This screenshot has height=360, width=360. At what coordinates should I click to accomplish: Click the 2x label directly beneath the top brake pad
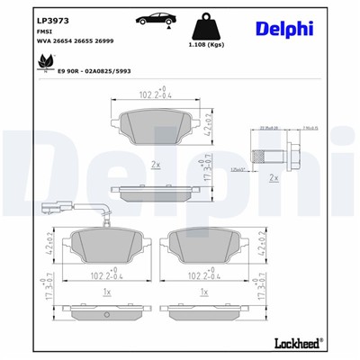tap(157, 166)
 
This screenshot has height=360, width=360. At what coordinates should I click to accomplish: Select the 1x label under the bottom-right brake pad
tap(205, 292)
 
